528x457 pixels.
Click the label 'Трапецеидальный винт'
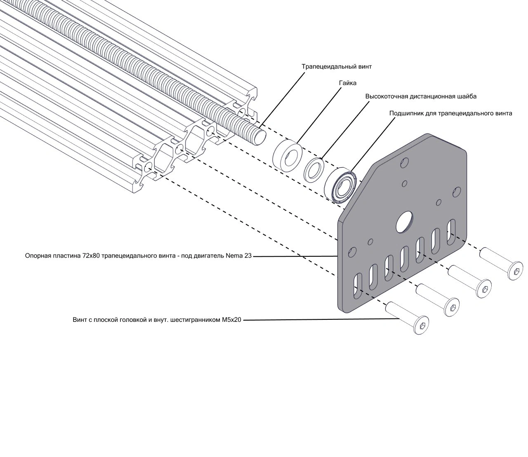[x=337, y=67]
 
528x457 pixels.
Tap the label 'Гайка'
[x=348, y=83]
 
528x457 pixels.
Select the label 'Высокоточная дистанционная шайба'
[x=421, y=97]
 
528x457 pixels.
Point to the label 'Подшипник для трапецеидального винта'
[x=450, y=113]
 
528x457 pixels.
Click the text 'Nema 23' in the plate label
[x=238, y=255]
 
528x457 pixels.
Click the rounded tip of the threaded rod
[x=260, y=138]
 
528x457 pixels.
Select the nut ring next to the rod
[x=288, y=155]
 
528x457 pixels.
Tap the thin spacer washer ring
[x=314, y=170]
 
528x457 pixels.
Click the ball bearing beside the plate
[x=340, y=185]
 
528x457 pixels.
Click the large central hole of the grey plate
[x=404, y=222]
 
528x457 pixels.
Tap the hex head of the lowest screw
[x=422, y=325]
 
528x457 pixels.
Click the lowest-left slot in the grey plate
[x=357, y=286]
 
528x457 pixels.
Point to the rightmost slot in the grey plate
[x=451, y=232]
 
